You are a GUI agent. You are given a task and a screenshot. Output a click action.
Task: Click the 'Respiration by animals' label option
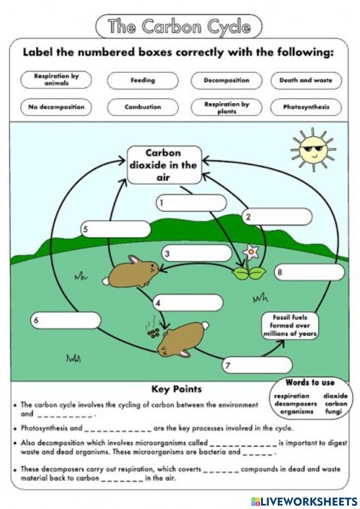pos(56,80)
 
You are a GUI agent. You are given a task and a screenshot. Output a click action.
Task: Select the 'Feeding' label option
pos(143,80)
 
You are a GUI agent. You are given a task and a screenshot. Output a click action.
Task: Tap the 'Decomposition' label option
pos(226,80)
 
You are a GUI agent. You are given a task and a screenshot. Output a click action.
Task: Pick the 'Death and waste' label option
pos(306,80)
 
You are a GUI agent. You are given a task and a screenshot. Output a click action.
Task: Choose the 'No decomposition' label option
pos(56,107)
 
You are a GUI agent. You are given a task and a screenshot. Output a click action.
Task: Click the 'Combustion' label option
pos(143,107)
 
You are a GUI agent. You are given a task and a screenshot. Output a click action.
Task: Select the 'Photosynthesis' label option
pos(306,107)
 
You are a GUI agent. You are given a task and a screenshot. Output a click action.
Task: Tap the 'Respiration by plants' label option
pos(226,107)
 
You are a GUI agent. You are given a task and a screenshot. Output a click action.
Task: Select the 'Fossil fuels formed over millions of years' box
pos(290,326)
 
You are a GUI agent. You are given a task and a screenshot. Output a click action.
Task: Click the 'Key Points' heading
pos(176,389)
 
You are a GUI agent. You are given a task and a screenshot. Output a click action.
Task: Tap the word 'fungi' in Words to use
pos(333,412)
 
